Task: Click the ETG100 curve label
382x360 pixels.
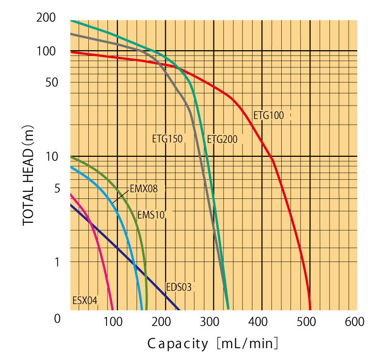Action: pos(268,115)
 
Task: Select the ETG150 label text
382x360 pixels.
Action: pos(167,139)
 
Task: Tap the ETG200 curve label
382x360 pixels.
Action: pos(222,139)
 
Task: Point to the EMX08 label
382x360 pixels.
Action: pos(143,189)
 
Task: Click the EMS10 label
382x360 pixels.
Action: pos(151,215)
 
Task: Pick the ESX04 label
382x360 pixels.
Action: pos(85,301)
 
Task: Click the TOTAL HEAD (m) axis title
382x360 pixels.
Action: pos(29,174)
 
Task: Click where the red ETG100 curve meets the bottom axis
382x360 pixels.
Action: pos(310,309)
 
